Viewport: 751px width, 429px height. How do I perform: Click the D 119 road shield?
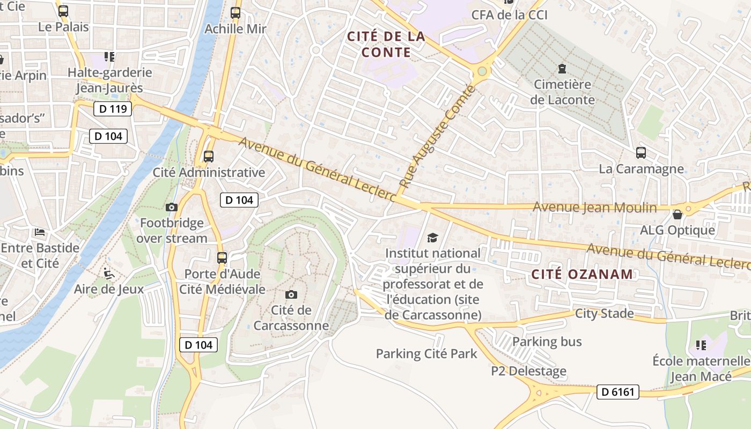pos(113,109)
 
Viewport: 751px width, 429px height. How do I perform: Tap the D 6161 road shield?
pos(617,392)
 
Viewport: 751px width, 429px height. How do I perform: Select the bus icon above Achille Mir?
pos(235,13)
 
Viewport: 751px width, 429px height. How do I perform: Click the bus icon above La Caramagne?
pos(641,153)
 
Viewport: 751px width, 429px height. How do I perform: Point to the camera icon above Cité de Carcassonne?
pos(291,294)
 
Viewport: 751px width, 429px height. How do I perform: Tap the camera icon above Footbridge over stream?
pos(172,207)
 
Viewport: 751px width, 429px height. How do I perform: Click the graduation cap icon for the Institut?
pos(432,238)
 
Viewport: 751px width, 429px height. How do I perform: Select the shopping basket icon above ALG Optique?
pos(678,214)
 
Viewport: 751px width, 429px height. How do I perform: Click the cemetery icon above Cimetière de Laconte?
pos(562,69)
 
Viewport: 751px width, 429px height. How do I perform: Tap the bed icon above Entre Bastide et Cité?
pos(40,232)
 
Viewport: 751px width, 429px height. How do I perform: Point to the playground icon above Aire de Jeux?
pos(109,273)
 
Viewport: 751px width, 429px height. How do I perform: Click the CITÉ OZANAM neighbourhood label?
pos(582,275)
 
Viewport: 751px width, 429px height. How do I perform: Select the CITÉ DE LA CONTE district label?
pos(386,45)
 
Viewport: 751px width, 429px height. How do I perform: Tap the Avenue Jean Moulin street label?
pos(594,207)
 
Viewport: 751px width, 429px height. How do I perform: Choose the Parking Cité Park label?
pos(426,354)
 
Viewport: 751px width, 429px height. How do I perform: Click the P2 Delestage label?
pos(528,371)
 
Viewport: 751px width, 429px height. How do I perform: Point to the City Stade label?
pos(604,313)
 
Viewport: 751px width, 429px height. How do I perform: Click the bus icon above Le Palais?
pos(63,11)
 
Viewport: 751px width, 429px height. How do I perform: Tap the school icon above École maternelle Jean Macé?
pos(701,345)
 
